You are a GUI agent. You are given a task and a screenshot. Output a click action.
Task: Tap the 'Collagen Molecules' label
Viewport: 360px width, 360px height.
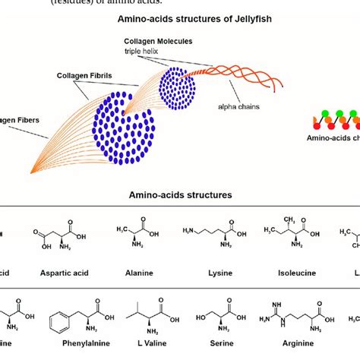click(x=158, y=41)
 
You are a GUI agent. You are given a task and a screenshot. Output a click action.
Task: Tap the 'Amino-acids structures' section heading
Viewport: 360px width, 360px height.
click(x=180, y=195)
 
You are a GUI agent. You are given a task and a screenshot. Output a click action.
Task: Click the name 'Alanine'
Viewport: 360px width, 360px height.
click(x=132, y=270)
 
